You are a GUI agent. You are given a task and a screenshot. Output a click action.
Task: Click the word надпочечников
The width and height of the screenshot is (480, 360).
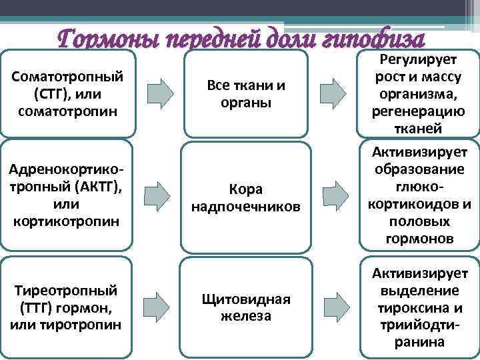point(246,207)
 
